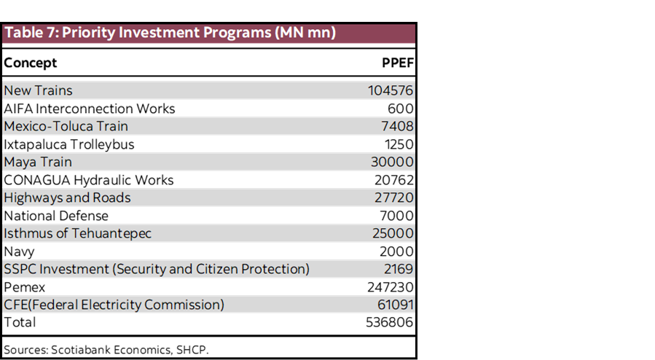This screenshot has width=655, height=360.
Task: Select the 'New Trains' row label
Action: [38, 91]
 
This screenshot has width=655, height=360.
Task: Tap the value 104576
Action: [391, 91]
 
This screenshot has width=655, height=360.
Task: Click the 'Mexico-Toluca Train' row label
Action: [66, 127]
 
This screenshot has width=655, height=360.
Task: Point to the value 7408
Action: [398, 127]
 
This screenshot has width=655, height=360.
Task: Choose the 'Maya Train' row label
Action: [38, 162]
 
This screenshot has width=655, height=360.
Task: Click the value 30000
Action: [392, 162]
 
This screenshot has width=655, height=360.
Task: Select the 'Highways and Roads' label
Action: [67, 197]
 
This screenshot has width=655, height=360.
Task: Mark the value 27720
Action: [393, 197]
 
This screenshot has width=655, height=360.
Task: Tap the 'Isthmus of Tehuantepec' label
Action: [77, 233]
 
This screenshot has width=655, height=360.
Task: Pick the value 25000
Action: [393, 233]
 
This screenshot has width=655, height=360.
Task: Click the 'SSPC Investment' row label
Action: [157, 269]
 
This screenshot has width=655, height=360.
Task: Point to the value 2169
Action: [399, 269]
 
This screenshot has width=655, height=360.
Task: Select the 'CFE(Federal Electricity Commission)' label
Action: [114, 305]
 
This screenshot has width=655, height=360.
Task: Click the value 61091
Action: [393, 305]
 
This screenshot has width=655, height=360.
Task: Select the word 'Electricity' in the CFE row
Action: [112, 305]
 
